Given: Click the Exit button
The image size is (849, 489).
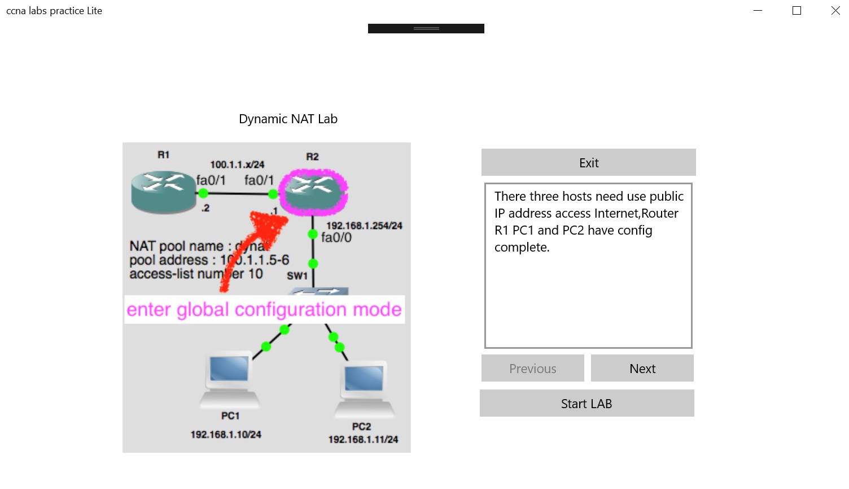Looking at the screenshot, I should click(588, 163).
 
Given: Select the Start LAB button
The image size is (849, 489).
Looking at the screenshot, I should click(587, 404).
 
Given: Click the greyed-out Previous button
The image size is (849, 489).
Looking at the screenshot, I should click(532, 369).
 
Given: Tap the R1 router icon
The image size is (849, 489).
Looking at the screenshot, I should click(164, 192).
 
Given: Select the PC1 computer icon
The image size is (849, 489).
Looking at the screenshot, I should click(230, 379).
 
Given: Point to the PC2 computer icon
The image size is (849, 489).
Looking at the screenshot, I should click(364, 388).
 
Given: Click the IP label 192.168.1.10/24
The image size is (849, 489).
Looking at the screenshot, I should click(226, 435).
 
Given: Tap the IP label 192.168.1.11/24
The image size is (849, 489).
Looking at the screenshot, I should click(363, 440).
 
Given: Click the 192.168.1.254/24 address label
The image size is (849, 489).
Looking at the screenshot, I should click(364, 226).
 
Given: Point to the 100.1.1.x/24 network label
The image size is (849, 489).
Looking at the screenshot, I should click(237, 165).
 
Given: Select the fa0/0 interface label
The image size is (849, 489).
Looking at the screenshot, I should click(336, 238).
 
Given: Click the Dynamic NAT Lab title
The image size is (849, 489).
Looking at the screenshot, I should click(288, 119).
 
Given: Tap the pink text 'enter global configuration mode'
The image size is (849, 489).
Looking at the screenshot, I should click(264, 310).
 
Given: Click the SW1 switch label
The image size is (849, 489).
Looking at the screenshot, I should click(297, 276).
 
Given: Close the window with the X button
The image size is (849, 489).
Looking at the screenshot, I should click(835, 11).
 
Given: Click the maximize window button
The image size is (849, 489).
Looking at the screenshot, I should click(797, 11).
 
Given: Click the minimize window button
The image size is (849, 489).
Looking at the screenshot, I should click(758, 11).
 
